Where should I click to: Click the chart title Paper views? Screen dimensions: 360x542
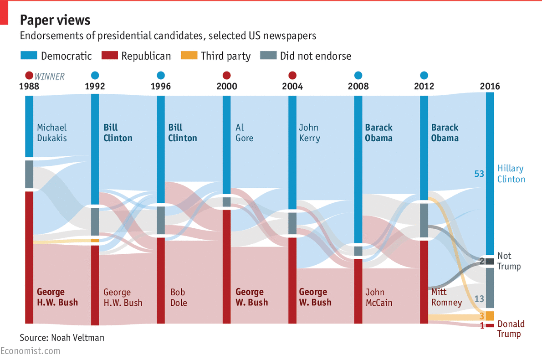(x=55, y=20)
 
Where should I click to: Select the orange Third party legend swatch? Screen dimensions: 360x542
(x=189, y=56)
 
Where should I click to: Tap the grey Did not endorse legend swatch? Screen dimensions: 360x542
(x=268, y=56)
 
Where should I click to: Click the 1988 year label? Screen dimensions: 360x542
(x=29, y=86)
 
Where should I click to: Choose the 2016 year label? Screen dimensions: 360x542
(x=490, y=86)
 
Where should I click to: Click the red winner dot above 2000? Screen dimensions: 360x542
(x=226, y=75)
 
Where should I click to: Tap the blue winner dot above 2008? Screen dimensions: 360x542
(x=358, y=75)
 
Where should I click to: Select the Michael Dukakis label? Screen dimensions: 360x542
(x=52, y=133)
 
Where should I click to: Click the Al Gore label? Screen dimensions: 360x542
(x=244, y=133)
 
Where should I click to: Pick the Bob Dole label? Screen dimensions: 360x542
(x=179, y=297)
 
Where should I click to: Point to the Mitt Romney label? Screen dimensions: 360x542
(x=446, y=297)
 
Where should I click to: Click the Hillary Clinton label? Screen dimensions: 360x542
(x=511, y=174)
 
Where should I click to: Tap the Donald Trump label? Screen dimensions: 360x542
(x=511, y=329)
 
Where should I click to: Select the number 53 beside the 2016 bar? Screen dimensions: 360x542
(x=479, y=174)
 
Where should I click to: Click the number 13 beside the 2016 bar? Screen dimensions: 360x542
(x=479, y=299)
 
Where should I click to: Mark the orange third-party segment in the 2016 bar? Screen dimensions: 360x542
(x=490, y=316)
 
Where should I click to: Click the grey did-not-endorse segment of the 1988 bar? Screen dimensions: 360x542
(x=29, y=174)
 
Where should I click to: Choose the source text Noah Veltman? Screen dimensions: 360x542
(x=62, y=338)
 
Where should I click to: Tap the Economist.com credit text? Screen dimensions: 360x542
(x=30, y=351)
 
